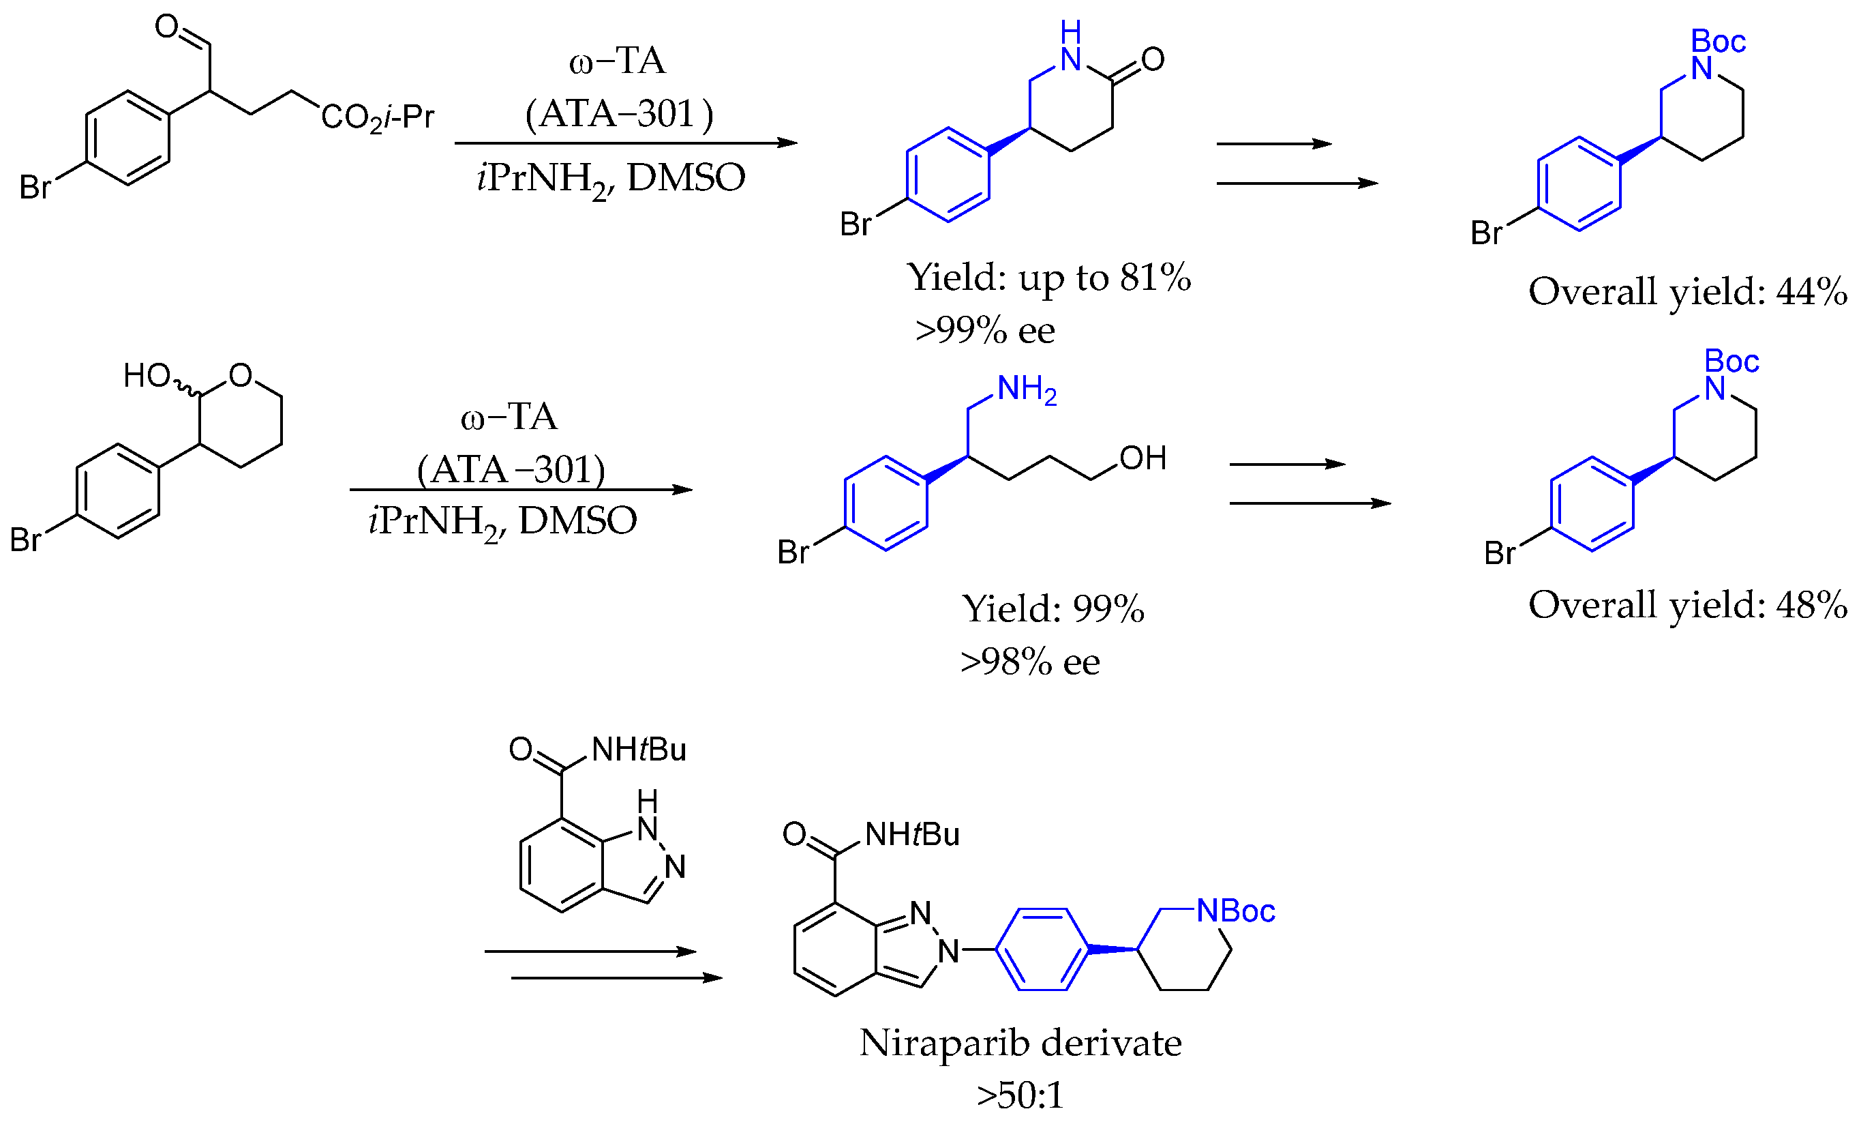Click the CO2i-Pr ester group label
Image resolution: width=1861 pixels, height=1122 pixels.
[x=377, y=118]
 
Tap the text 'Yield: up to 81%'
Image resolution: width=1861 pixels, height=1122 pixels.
[x=1048, y=278]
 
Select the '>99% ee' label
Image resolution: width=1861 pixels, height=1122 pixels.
[x=985, y=331]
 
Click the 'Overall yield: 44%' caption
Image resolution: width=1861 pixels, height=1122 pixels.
[x=1686, y=293]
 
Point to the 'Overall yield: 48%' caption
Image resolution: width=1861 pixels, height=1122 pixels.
[x=1686, y=605]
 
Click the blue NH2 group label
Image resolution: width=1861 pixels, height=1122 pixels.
[x=1027, y=390]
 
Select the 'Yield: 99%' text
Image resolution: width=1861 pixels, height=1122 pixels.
[x=1053, y=609]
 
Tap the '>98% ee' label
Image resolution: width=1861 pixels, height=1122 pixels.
[x=1030, y=662]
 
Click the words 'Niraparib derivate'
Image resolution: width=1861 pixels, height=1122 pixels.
[x=1020, y=1044]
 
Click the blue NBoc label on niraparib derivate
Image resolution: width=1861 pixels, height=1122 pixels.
[x=1236, y=911]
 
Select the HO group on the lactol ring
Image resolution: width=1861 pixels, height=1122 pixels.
[x=147, y=376]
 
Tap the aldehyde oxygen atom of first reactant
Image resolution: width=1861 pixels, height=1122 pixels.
[x=166, y=27]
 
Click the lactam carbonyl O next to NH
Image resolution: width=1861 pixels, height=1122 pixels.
[x=1153, y=59]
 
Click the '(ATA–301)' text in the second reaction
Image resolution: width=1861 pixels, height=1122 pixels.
[x=511, y=470]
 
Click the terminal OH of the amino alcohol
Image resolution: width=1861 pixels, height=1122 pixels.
[x=1143, y=458]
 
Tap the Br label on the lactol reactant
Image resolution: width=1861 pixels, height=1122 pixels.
[x=25, y=540]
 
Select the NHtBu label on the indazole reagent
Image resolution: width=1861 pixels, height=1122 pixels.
[x=638, y=750]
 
